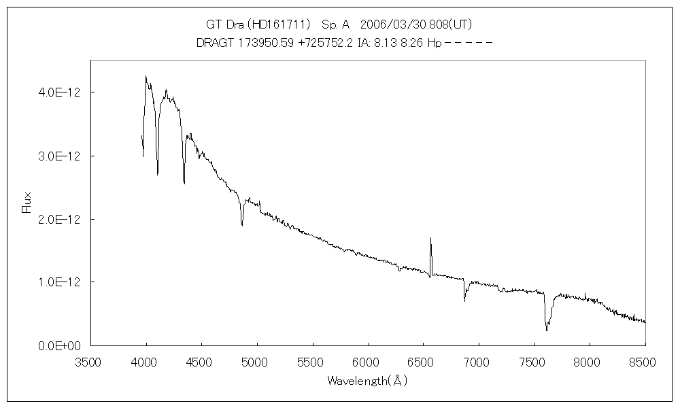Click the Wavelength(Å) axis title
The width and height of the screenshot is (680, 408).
(367, 381)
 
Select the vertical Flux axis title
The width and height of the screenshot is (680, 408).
(27, 203)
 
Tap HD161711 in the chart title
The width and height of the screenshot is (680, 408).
(279, 24)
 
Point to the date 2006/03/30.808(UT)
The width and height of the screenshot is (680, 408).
(416, 24)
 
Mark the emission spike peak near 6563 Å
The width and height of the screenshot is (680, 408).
(430, 238)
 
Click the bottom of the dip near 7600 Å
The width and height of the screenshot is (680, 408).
(546, 330)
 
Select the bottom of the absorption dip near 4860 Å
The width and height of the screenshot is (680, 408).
(242, 225)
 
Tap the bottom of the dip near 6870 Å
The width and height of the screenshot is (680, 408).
(465, 301)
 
